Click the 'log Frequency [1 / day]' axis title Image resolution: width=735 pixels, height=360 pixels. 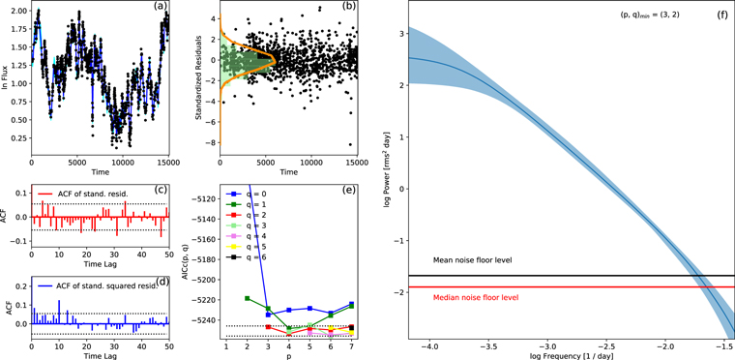click(x=572, y=353)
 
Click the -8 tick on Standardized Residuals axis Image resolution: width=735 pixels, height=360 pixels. click(x=215, y=143)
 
